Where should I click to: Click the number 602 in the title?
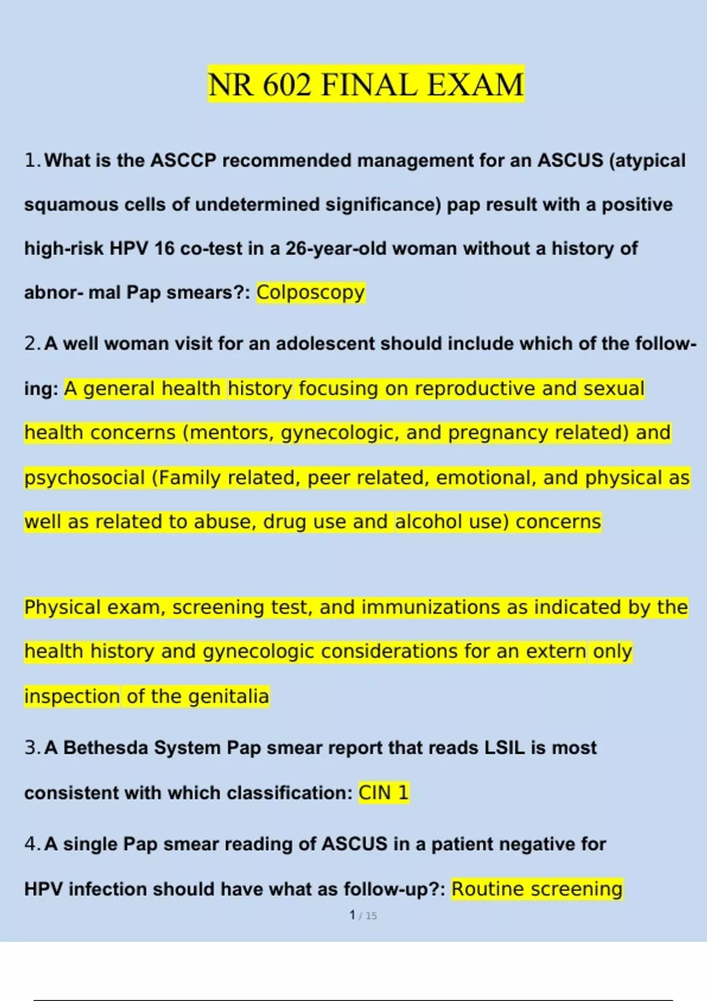(x=286, y=85)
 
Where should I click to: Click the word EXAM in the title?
(x=475, y=85)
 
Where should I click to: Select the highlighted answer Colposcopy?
(x=310, y=292)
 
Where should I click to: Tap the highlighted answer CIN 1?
(x=383, y=793)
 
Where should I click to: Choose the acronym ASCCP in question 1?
(x=183, y=160)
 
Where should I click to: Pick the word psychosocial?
(x=84, y=478)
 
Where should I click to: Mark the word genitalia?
(x=228, y=697)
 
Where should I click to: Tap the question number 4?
(x=31, y=844)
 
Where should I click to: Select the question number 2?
(x=31, y=343)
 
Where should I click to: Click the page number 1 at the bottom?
(x=352, y=915)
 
